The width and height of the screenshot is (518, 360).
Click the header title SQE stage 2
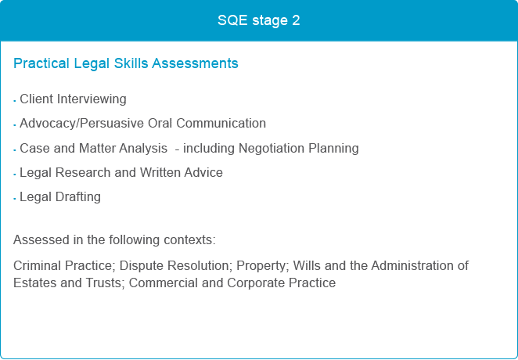point(259,20)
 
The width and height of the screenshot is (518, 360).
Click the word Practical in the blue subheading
point(41,63)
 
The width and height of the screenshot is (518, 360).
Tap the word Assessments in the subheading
point(195,63)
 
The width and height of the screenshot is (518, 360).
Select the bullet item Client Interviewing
point(73,99)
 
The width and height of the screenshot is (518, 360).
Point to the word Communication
point(221,123)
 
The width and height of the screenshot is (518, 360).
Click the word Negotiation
point(272,148)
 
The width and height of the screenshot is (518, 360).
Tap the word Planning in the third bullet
point(333,148)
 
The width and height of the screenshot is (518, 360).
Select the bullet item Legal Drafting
point(60,197)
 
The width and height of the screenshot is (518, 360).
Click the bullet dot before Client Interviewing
point(15,100)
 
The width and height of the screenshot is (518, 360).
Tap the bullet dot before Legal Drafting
point(15,199)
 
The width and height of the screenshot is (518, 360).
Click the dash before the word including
point(178,149)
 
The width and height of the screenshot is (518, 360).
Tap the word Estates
point(34,283)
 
